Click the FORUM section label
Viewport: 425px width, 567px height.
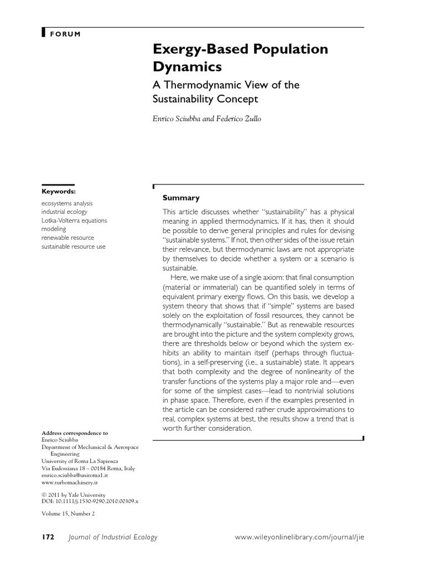click(65, 34)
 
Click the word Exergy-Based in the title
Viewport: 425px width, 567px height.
click(192, 49)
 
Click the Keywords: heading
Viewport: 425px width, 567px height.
click(59, 191)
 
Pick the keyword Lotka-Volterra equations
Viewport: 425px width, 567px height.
click(74, 220)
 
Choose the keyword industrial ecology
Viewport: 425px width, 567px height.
click(64, 212)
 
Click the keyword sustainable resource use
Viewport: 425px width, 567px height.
click(73, 246)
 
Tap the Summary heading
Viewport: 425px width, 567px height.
click(181, 198)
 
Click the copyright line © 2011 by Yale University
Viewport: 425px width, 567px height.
click(74, 494)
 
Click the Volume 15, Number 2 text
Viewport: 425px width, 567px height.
click(69, 513)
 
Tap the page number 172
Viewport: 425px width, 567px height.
click(48, 537)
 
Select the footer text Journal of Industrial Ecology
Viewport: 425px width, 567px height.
click(112, 537)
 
